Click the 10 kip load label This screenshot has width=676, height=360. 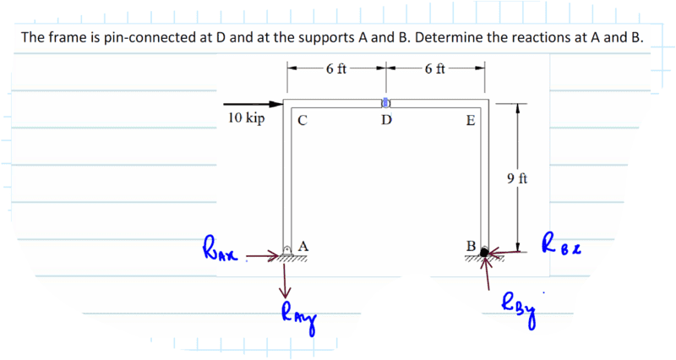click(246, 117)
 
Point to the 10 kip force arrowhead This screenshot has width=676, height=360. click(276, 104)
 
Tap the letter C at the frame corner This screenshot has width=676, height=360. click(303, 120)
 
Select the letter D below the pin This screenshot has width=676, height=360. click(386, 119)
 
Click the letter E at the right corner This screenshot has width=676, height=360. click(471, 120)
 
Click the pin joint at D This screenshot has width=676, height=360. click(386, 103)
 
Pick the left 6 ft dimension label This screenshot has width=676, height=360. click(336, 68)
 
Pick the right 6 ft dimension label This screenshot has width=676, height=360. click(434, 68)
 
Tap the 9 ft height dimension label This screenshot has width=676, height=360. click(517, 178)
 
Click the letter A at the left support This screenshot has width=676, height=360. click(303, 246)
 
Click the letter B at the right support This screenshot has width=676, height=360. click(472, 246)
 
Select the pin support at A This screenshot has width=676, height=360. click(287, 250)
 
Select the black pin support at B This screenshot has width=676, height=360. click(484, 252)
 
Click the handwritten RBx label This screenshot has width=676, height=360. click(562, 243)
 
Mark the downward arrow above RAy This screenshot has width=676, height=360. click(285, 281)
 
